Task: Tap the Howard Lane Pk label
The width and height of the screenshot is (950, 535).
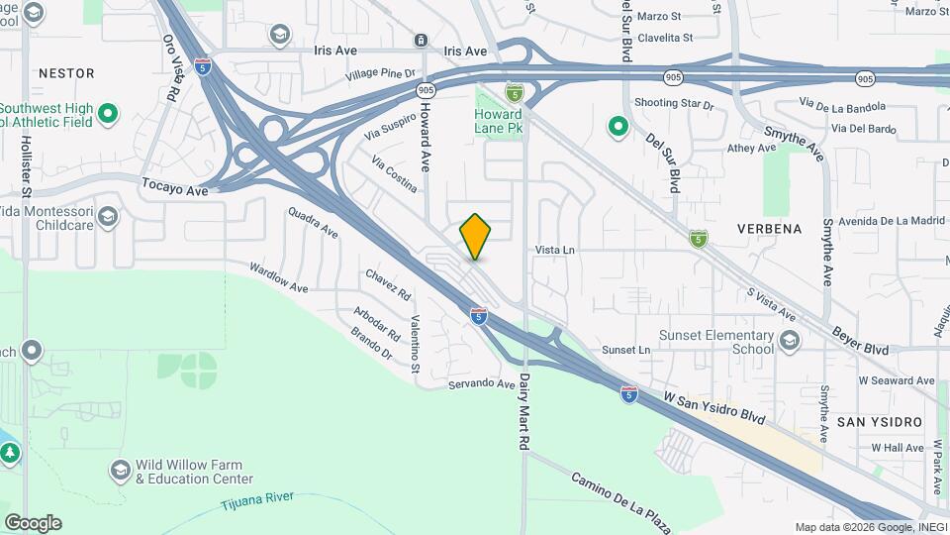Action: tap(499, 122)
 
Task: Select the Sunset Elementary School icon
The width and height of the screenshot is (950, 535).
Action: tap(789, 342)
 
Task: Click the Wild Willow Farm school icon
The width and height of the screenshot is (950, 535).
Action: tap(121, 470)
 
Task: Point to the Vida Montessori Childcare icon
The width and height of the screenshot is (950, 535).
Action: tap(108, 217)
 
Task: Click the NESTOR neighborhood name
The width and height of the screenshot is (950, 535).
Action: tap(66, 73)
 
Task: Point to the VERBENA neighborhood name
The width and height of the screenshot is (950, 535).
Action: tap(769, 229)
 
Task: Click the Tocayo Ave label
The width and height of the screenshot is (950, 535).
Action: tap(175, 185)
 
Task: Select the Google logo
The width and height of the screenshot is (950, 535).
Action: tap(33, 523)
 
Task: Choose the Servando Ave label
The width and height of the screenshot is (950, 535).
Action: tap(482, 384)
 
